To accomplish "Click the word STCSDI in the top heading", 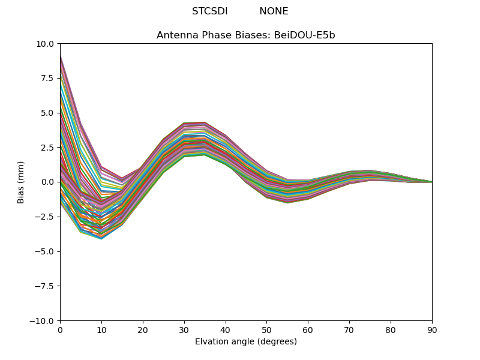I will tap(209, 11).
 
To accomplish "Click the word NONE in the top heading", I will tap(274, 11).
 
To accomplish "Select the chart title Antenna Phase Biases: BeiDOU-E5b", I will tap(246, 35).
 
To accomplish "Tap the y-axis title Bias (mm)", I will tap(21, 182).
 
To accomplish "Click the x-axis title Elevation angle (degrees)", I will tap(246, 342).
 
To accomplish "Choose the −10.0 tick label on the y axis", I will tap(44, 321).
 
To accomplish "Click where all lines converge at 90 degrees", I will tap(431, 182).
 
